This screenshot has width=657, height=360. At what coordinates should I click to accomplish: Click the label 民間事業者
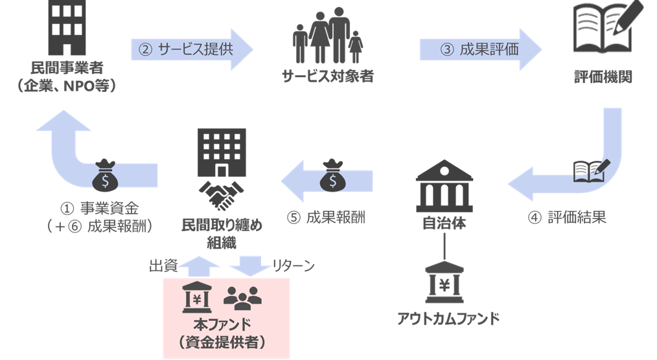[67, 67]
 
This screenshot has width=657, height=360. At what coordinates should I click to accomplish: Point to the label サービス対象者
[328, 76]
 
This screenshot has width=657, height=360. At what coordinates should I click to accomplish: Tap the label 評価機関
[603, 76]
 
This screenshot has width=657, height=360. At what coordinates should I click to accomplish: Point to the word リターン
[292, 265]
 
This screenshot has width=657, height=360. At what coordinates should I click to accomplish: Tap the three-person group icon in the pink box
[242, 297]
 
